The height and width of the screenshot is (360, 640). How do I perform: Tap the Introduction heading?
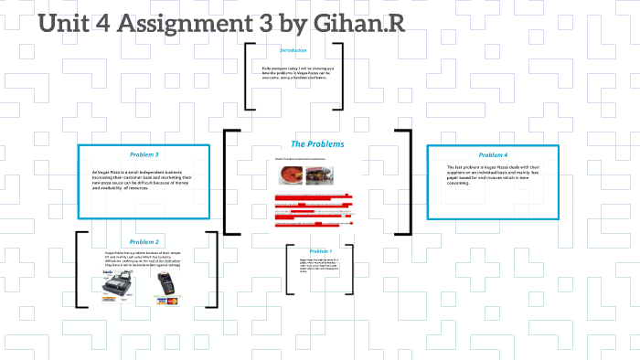[293, 50]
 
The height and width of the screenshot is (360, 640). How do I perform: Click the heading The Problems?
[317, 144]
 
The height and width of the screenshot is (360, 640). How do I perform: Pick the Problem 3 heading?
[144, 154]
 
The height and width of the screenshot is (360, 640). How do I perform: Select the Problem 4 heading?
[492, 154]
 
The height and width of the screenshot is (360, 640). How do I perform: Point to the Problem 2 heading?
[144, 241]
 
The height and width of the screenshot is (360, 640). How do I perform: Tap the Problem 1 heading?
[320, 250]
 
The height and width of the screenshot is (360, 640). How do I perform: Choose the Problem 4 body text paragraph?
[492, 175]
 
